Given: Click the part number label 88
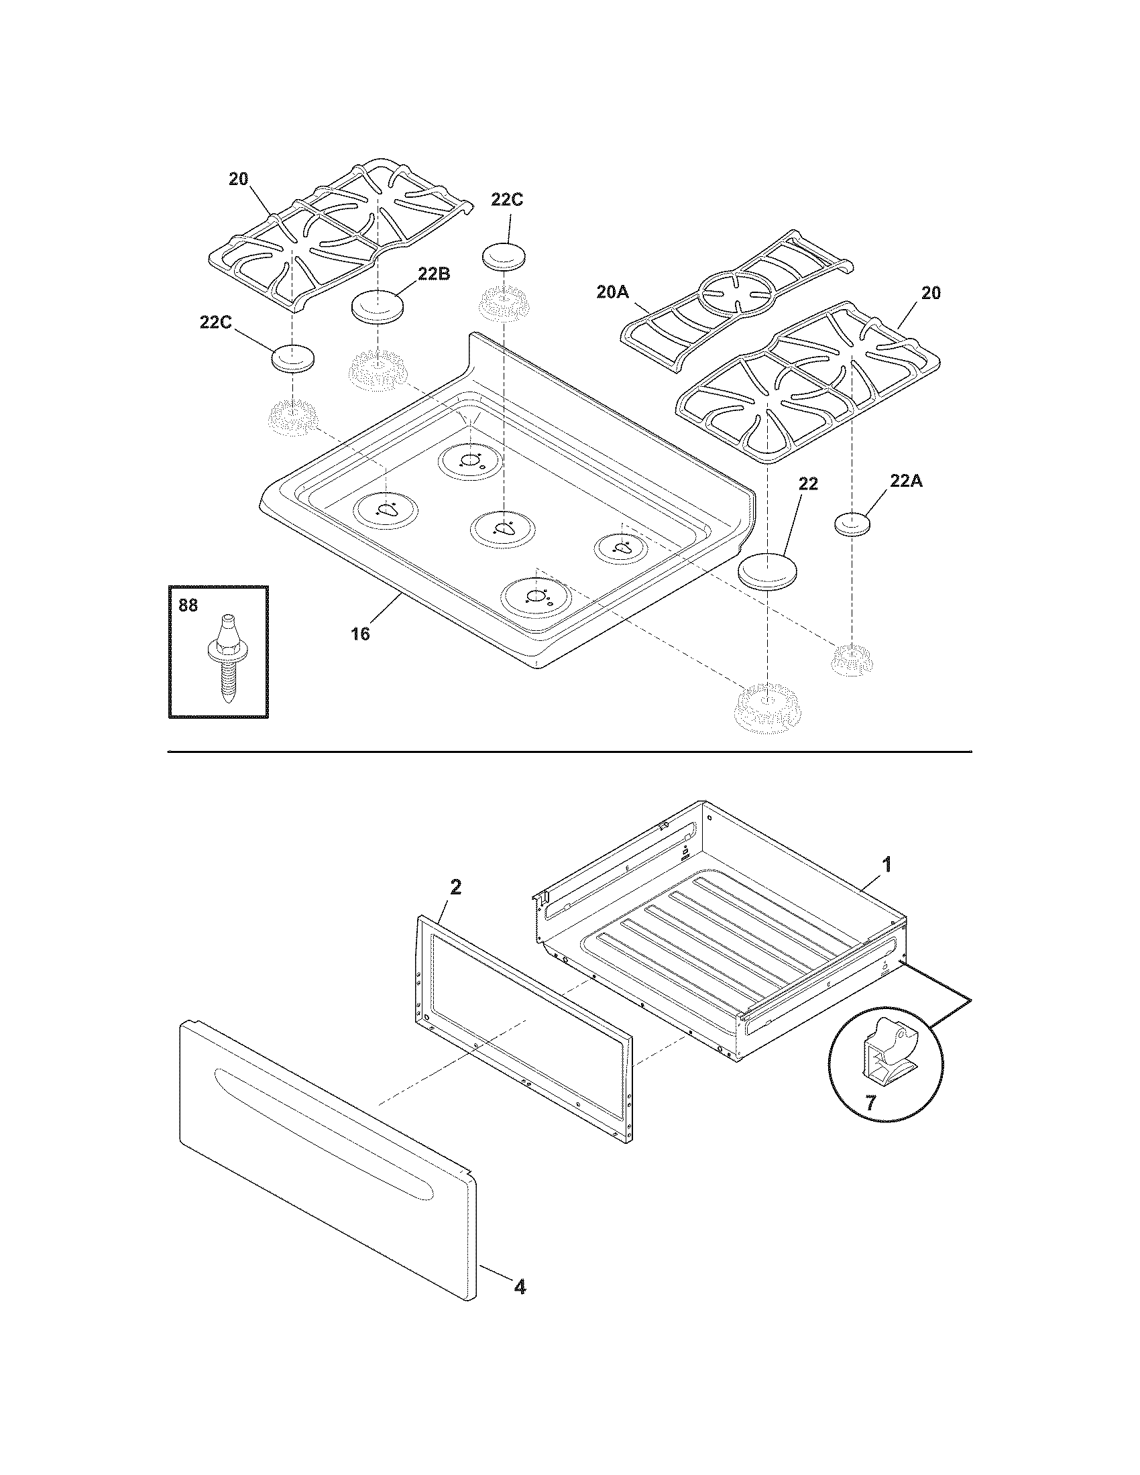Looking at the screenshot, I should tap(188, 606).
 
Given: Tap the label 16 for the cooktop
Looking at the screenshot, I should tap(360, 634).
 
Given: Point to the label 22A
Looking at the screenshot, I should tap(906, 481).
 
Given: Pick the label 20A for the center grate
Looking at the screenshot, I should tap(613, 292).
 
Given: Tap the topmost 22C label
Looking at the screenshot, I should tap(506, 200).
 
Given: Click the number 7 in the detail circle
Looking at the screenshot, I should tap(870, 1104).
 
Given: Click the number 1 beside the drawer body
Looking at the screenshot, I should tap(887, 864).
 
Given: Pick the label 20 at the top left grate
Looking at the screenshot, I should tap(238, 179).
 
